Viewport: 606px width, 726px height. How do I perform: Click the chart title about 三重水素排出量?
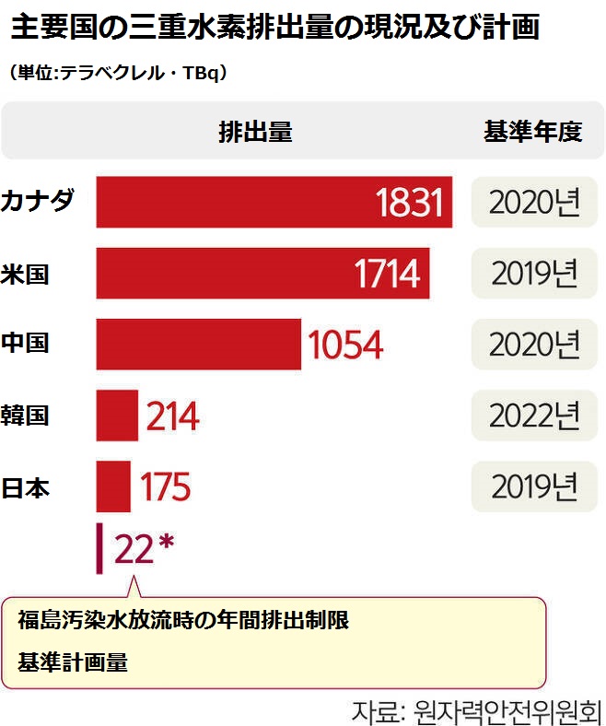click(274, 27)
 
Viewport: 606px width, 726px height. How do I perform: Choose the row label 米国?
click(27, 274)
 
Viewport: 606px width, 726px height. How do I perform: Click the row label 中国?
click(27, 344)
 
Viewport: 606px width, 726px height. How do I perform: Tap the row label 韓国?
click(27, 416)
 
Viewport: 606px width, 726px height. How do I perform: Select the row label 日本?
click(27, 486)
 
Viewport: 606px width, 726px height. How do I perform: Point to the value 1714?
click(387, 274)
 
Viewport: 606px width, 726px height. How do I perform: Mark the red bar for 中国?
click(198, 345)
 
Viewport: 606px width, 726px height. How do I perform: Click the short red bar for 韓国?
click(116, 416)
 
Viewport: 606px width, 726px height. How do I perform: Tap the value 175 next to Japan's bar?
click(165, 487)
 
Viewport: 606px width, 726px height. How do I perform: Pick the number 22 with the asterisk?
click(144, 549)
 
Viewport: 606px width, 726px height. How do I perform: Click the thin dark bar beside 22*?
click(99, 549)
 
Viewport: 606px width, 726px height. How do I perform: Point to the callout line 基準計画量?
click(73, 662)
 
